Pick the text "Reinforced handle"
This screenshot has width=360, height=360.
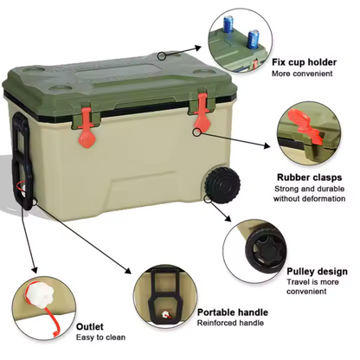click(229, 324)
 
